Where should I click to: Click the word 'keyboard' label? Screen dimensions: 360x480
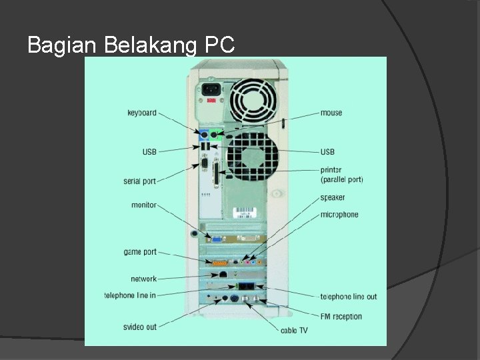coord(142,113)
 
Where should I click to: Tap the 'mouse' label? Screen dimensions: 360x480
coord(331,113)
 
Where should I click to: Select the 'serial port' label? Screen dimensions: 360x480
coord(140,181)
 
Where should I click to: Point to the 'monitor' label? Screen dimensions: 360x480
coord(144,205)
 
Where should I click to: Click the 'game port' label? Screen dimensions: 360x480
coord(140,252)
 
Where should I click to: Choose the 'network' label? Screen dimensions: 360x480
coord(144,279)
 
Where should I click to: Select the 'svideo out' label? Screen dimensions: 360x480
coord(140,327)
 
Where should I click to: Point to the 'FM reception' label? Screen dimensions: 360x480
coord(341,316)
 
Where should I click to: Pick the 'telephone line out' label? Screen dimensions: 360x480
coord(349,297)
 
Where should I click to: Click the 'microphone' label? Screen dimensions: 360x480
coord(339,215)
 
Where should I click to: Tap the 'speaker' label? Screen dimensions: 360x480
coord(333,198)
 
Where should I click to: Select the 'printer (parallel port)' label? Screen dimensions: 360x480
coord(341,175)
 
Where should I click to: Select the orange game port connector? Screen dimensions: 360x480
coord(220,263)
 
